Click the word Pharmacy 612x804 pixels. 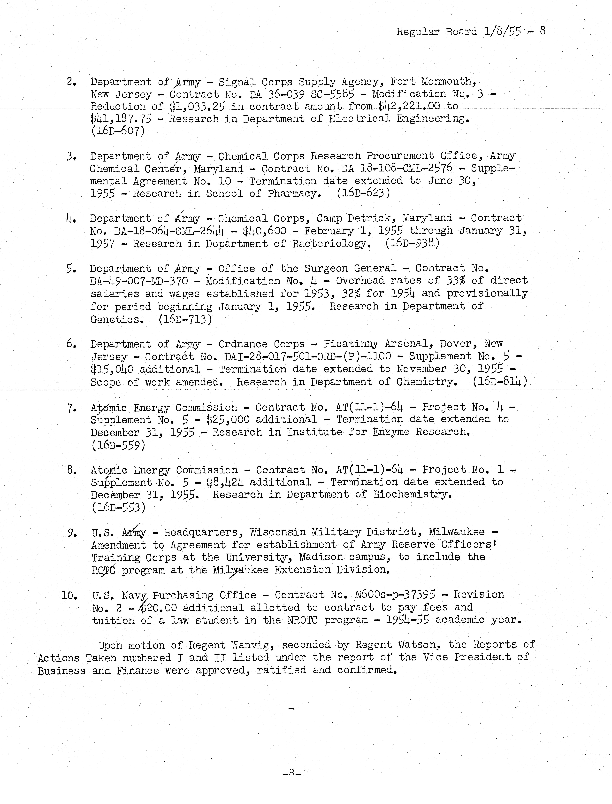coord(294,193)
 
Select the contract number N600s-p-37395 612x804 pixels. coord(395,595)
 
